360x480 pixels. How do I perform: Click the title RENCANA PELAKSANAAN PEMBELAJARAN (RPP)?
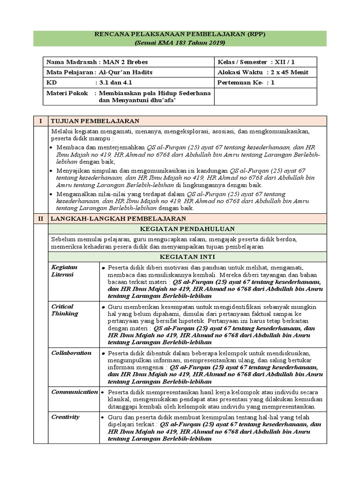click(x=180, y=35)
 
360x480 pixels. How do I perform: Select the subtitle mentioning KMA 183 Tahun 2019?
click(x=180, y=43)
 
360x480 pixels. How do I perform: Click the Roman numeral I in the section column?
click(x=40, y=121)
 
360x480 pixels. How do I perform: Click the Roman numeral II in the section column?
click(x=40, y=218)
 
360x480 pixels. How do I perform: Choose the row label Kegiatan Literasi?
click(x=64, y=270)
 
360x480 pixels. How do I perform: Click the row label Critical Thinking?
click(x=65, y=310)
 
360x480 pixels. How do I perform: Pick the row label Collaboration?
click(x=71, y=352)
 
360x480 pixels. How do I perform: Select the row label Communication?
click(x=74, y=391)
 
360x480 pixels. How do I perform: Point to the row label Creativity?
click(x=65, y=417)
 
